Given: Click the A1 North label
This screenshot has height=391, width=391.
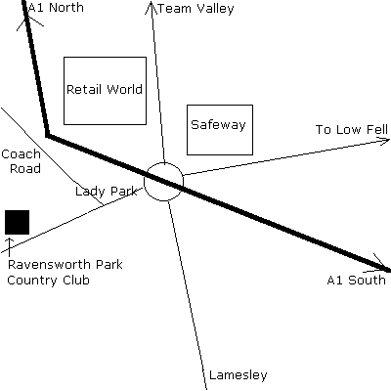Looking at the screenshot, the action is pyautogui.click(x=56, y=8).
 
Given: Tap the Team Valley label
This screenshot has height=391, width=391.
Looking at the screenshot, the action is pyautogui.click(x=195, y=9).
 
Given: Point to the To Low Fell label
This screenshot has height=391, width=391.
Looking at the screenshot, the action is pyautogui.click(x=352, y=129).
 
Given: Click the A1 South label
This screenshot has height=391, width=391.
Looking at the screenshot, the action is pyautogui.click(x=356, y=280).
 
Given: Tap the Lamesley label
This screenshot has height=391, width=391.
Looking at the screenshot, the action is pyautogui.click(x=238, y=375).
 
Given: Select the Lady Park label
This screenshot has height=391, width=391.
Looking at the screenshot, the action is pyautogui.click(x=106, y=192).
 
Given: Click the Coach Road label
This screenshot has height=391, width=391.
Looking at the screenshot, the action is pyautogui.click(x=22, y=161).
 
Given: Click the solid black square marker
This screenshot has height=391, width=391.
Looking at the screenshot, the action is pyautogui.click(x=17, y=222).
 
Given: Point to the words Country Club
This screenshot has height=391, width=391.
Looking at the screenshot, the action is pyautogui.click(x=48, y=281).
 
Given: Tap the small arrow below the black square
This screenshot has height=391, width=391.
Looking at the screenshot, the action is pyautogui.click(x=10, y=246).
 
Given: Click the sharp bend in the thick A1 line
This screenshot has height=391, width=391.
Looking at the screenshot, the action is pyautogui.click(x=48, y=135).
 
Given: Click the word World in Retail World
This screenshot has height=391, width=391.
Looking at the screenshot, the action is pyautogui.click(x=125, y=89).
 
